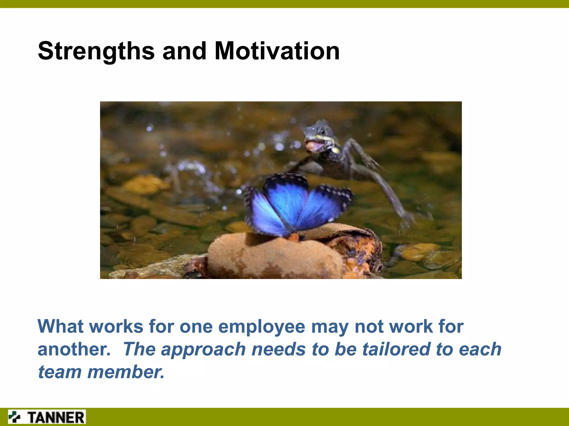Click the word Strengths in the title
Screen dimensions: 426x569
(96, 51)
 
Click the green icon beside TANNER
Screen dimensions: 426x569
(15, 417)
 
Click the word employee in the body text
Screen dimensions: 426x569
(262, 327)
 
